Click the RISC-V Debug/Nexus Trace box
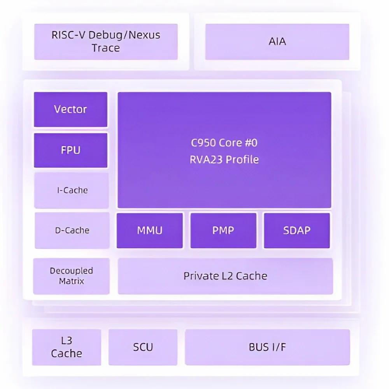coord(106,42)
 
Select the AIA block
coord(277,42)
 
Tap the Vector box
coord(71,109)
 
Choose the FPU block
coord(71,150)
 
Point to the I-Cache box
coord(72,191)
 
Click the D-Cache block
coord(72,230)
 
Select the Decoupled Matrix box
coord(72,276)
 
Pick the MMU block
coord(150,230)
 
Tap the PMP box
coord(223,230)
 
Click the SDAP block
coord(297,230)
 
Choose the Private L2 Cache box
coord(225,276)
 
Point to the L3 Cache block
coord(67,347)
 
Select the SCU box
coord(143,347)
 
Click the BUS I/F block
coord(268,347)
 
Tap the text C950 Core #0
coord(224,143)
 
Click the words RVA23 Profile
coord(224,159)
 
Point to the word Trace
coord(106,48)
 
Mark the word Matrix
coord(72,281)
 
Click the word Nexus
coord(144,35)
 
